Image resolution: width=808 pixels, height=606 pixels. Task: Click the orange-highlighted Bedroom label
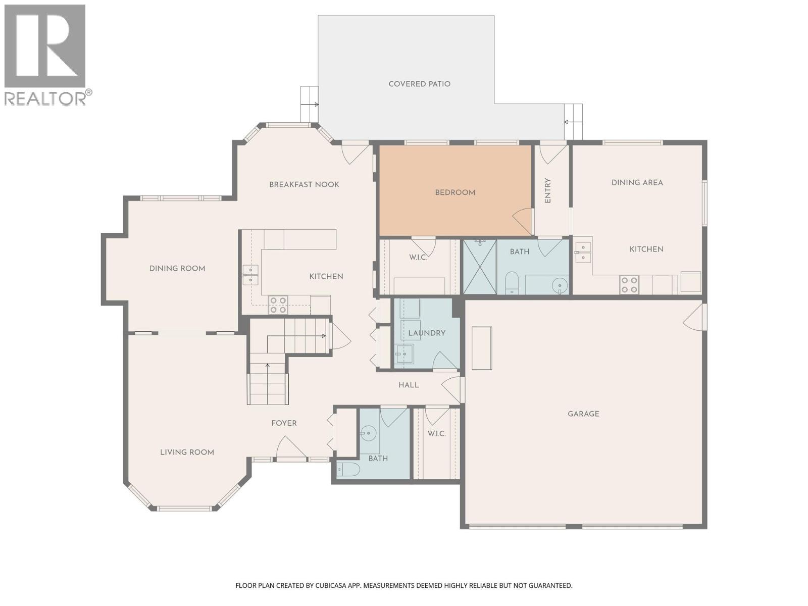(x=455, y=192)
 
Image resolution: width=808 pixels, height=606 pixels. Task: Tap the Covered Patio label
(x=419, y=84)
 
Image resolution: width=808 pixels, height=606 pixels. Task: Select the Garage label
(x=583, y=414)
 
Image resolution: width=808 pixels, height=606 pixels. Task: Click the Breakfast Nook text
(x=304, y=184)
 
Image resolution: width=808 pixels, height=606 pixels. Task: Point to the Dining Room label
(x=177, y=268)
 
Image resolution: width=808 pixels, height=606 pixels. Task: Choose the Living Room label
(x=187, y=452)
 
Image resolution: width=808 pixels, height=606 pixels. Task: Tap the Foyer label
(x=284, y=423)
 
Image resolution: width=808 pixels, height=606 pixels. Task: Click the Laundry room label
(x=427, y=333)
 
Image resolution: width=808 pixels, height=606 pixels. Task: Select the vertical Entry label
(x=548, y=191)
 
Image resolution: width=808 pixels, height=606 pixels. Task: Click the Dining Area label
(x=637, y=182)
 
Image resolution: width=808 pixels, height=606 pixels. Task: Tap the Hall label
(x=409, y=385)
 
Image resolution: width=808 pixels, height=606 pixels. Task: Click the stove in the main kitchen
(x=278, y=305)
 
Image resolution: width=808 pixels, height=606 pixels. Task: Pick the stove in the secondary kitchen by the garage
(x=629, y=285)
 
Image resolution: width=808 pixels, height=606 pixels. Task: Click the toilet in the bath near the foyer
(x=348, y=470)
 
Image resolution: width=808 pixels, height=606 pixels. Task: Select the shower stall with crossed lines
(x=480, y=267)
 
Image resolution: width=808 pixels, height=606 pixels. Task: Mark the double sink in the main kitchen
(x=250, y=275)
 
